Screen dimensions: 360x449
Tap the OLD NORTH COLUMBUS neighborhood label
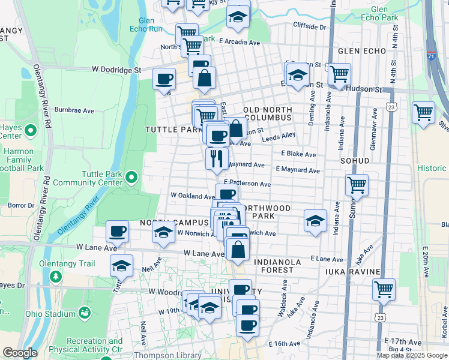tap(268, 114)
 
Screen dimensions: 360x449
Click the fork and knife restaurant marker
tap(216, 158)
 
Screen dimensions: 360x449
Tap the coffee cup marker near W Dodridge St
tap(164, 79)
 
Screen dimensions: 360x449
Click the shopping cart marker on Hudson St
tap(339, 74)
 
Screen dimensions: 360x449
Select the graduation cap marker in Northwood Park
tap(315, 220)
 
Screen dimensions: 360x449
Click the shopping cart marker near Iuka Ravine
tap(384, 289)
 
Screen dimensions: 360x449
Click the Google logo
tap(20, 353)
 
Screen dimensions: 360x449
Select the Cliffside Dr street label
tap(309, 27)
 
